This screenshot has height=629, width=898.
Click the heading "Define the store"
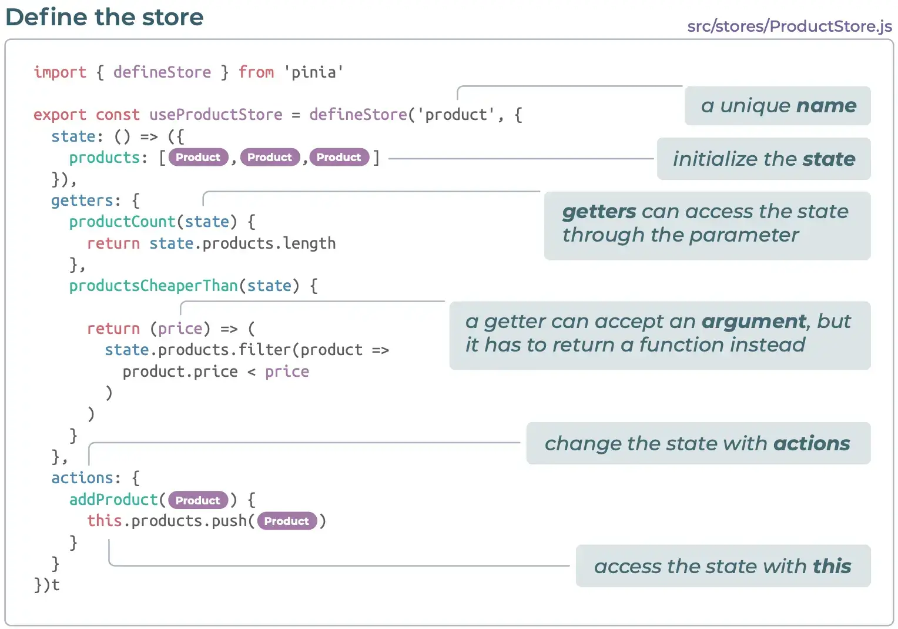point(105,17)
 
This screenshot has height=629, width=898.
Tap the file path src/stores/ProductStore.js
point(789,26)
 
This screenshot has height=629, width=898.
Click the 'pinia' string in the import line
point(314,72)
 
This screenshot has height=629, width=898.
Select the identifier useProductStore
point(216,115)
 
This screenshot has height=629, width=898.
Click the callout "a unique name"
point(778,106)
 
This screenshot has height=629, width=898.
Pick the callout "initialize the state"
point(763,159)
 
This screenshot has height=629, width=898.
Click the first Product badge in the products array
point(198,158)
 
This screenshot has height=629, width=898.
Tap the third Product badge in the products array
point(339,158)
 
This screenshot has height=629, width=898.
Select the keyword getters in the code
point(82,200)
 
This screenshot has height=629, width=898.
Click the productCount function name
point(122,222)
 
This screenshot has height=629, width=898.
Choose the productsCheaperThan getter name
point(153,286)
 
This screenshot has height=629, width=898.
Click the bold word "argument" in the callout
point(753,322)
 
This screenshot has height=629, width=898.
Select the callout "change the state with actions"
point(698,443)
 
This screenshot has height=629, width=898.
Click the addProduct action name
point(113,500)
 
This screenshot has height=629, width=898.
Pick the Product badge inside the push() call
point(287,521)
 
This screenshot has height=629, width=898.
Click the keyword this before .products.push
point(105,521)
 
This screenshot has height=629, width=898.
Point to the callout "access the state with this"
point(722,566)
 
